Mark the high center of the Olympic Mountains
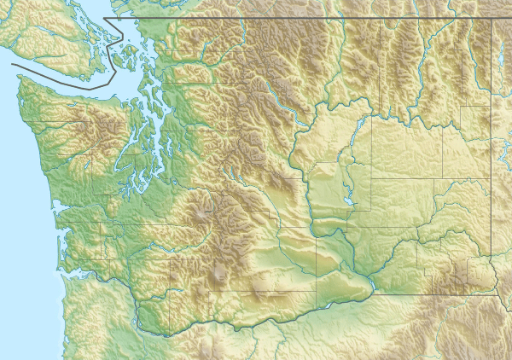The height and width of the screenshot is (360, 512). [87, 128]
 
